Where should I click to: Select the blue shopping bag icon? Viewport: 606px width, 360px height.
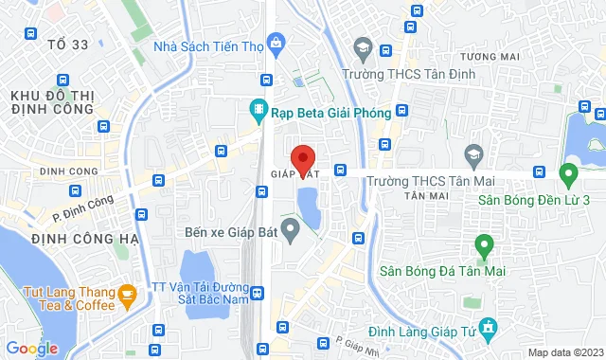[x=276, y=42]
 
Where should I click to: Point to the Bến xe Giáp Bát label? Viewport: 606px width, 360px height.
[x=228, y=230]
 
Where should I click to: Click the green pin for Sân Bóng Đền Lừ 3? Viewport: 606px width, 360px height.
[x=568, y=174]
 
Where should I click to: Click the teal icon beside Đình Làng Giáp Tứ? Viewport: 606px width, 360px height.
[x=489, y=330]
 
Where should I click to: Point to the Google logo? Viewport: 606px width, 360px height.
[x=31, y=348]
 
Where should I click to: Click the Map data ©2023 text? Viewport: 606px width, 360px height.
[x=564, y=352]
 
